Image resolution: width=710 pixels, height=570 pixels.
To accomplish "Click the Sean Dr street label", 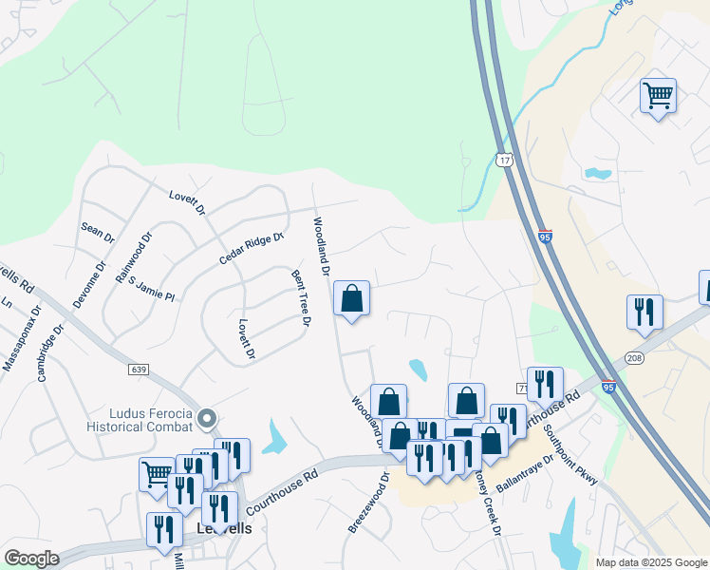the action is tap(97, 231).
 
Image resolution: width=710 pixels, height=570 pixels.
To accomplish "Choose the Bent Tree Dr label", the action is tap(301, 298).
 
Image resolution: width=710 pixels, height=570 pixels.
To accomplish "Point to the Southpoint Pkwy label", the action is tap(570, 453).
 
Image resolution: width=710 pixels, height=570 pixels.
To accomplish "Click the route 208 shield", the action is tap(635, 357).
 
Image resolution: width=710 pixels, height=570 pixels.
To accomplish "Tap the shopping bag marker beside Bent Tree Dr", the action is tap(352, 299).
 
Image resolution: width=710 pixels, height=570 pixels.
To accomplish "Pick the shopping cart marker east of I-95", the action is tap(658, 96).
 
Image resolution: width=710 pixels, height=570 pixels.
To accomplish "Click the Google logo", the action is tap(31, 559).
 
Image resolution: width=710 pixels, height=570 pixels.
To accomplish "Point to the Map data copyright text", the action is tap(651, 562).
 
